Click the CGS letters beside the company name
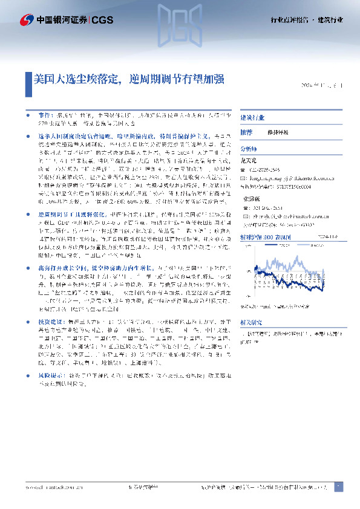100,19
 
